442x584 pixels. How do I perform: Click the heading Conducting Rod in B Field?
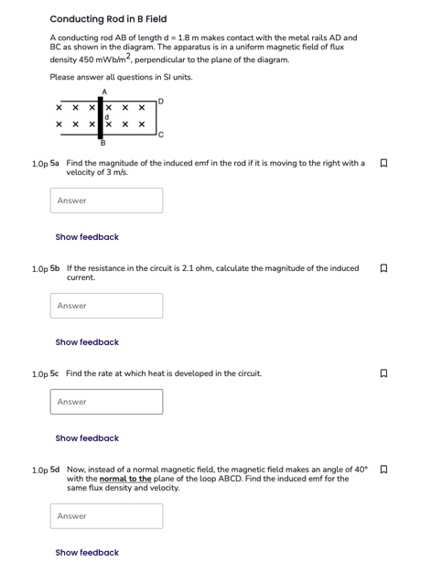click(108, 18)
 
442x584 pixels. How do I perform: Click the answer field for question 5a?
click(106, 200)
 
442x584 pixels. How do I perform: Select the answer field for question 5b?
click(106, 306)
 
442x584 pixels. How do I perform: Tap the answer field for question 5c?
click(106, 402)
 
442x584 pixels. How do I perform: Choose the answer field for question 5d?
click(106, 516)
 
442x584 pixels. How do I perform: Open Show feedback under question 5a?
click(87, 237)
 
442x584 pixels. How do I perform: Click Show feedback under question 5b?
click(87, 342)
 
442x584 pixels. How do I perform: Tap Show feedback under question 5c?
click(87, 438)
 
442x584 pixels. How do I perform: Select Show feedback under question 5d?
click(87, 553)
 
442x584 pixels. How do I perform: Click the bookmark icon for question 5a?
click(383, 164)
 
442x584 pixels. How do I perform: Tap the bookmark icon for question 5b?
click(383, 269)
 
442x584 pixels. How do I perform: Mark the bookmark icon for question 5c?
click(383, 374)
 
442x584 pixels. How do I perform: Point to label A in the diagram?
click(103, 92)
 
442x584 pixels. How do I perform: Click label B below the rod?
click(102, 144)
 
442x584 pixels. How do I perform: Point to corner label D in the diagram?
click(161, 100)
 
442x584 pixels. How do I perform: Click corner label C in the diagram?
click(160, 135)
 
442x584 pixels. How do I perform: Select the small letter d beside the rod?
click(107, 117)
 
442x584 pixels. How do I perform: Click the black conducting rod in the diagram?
click(101, 117)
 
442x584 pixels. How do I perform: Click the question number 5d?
click(55, 470)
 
